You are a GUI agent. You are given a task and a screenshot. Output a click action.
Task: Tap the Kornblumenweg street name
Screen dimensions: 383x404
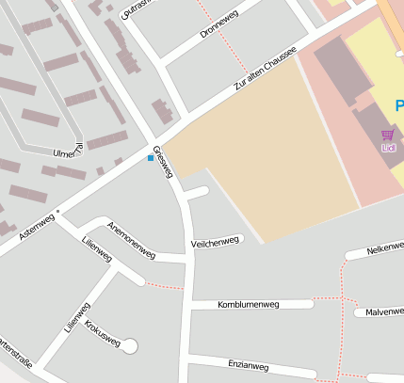pyautogui.click(x=249, y=305)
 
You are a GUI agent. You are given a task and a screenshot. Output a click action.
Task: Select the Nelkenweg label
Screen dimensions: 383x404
pyautogui.click(x=385, y=249)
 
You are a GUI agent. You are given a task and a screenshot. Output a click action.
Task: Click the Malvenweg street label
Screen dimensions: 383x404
pyautogui.click(x=384, y=311)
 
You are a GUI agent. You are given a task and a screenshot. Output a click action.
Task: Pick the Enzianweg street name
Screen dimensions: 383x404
pyautogui.click(x=249, y=365)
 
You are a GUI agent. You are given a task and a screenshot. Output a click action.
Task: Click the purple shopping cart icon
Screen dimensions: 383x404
pyautogui.click(x=388, y=136)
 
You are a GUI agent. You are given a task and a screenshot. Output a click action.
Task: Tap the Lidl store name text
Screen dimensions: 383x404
pyautogui.click(x=388, y=148)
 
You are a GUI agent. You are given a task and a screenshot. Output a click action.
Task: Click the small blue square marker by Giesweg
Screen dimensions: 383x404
pyautogui.click(x=150, y=158)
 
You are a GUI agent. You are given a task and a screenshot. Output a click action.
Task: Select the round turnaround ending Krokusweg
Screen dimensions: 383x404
pyautogui.click(x=129, y=346)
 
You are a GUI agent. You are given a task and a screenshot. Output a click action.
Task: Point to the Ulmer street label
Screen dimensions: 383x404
pyautogui.click(x=69, y=151)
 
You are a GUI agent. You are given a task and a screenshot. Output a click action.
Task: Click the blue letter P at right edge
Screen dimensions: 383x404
pyautogui.click(x=399, y=104)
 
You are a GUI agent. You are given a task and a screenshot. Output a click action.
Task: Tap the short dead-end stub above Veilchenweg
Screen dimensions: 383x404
pyautogui.click(x=197, y=193)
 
